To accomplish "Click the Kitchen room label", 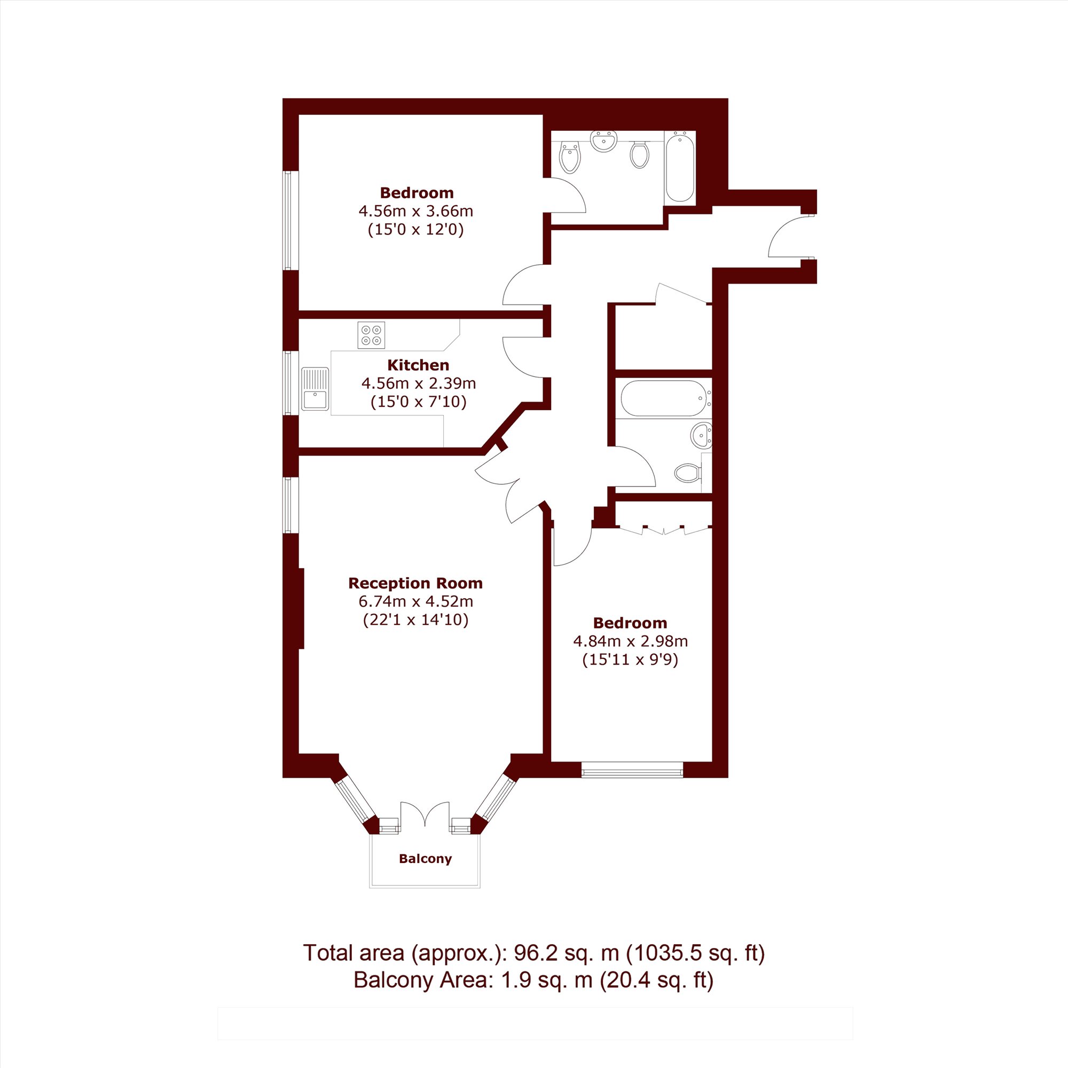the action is [418, 365].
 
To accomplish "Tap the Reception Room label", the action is [415, 583].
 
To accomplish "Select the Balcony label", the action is [425, 859].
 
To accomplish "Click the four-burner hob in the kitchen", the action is [371, 335].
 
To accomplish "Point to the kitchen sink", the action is [315, 389].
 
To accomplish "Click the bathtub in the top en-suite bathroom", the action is [679, 167].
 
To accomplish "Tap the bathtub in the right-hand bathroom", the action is [665, 398].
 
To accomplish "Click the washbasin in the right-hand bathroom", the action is [702, 435].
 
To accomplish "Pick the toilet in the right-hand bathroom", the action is [689, 473].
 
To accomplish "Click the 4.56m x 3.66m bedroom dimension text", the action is [415, 211].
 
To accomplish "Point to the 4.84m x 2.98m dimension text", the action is [630, 641].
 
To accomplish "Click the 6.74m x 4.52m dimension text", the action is [415, 601].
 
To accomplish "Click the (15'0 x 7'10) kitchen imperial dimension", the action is [419, 402].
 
